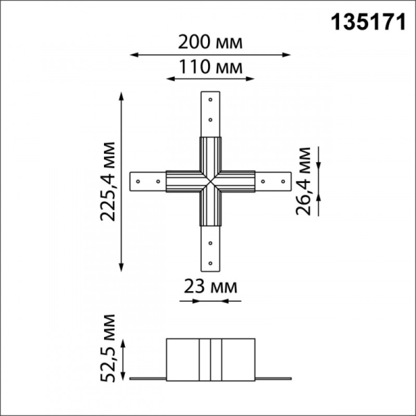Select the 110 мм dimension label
coord(209,67)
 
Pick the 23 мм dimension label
coord(210,286)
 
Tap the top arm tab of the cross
coord(209,114)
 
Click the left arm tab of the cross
coord(147,182)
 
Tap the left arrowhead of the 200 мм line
coord(133,54)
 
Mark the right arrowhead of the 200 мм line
coord(288,54)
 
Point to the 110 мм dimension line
coord(209,79)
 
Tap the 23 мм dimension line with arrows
coord(209,302)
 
